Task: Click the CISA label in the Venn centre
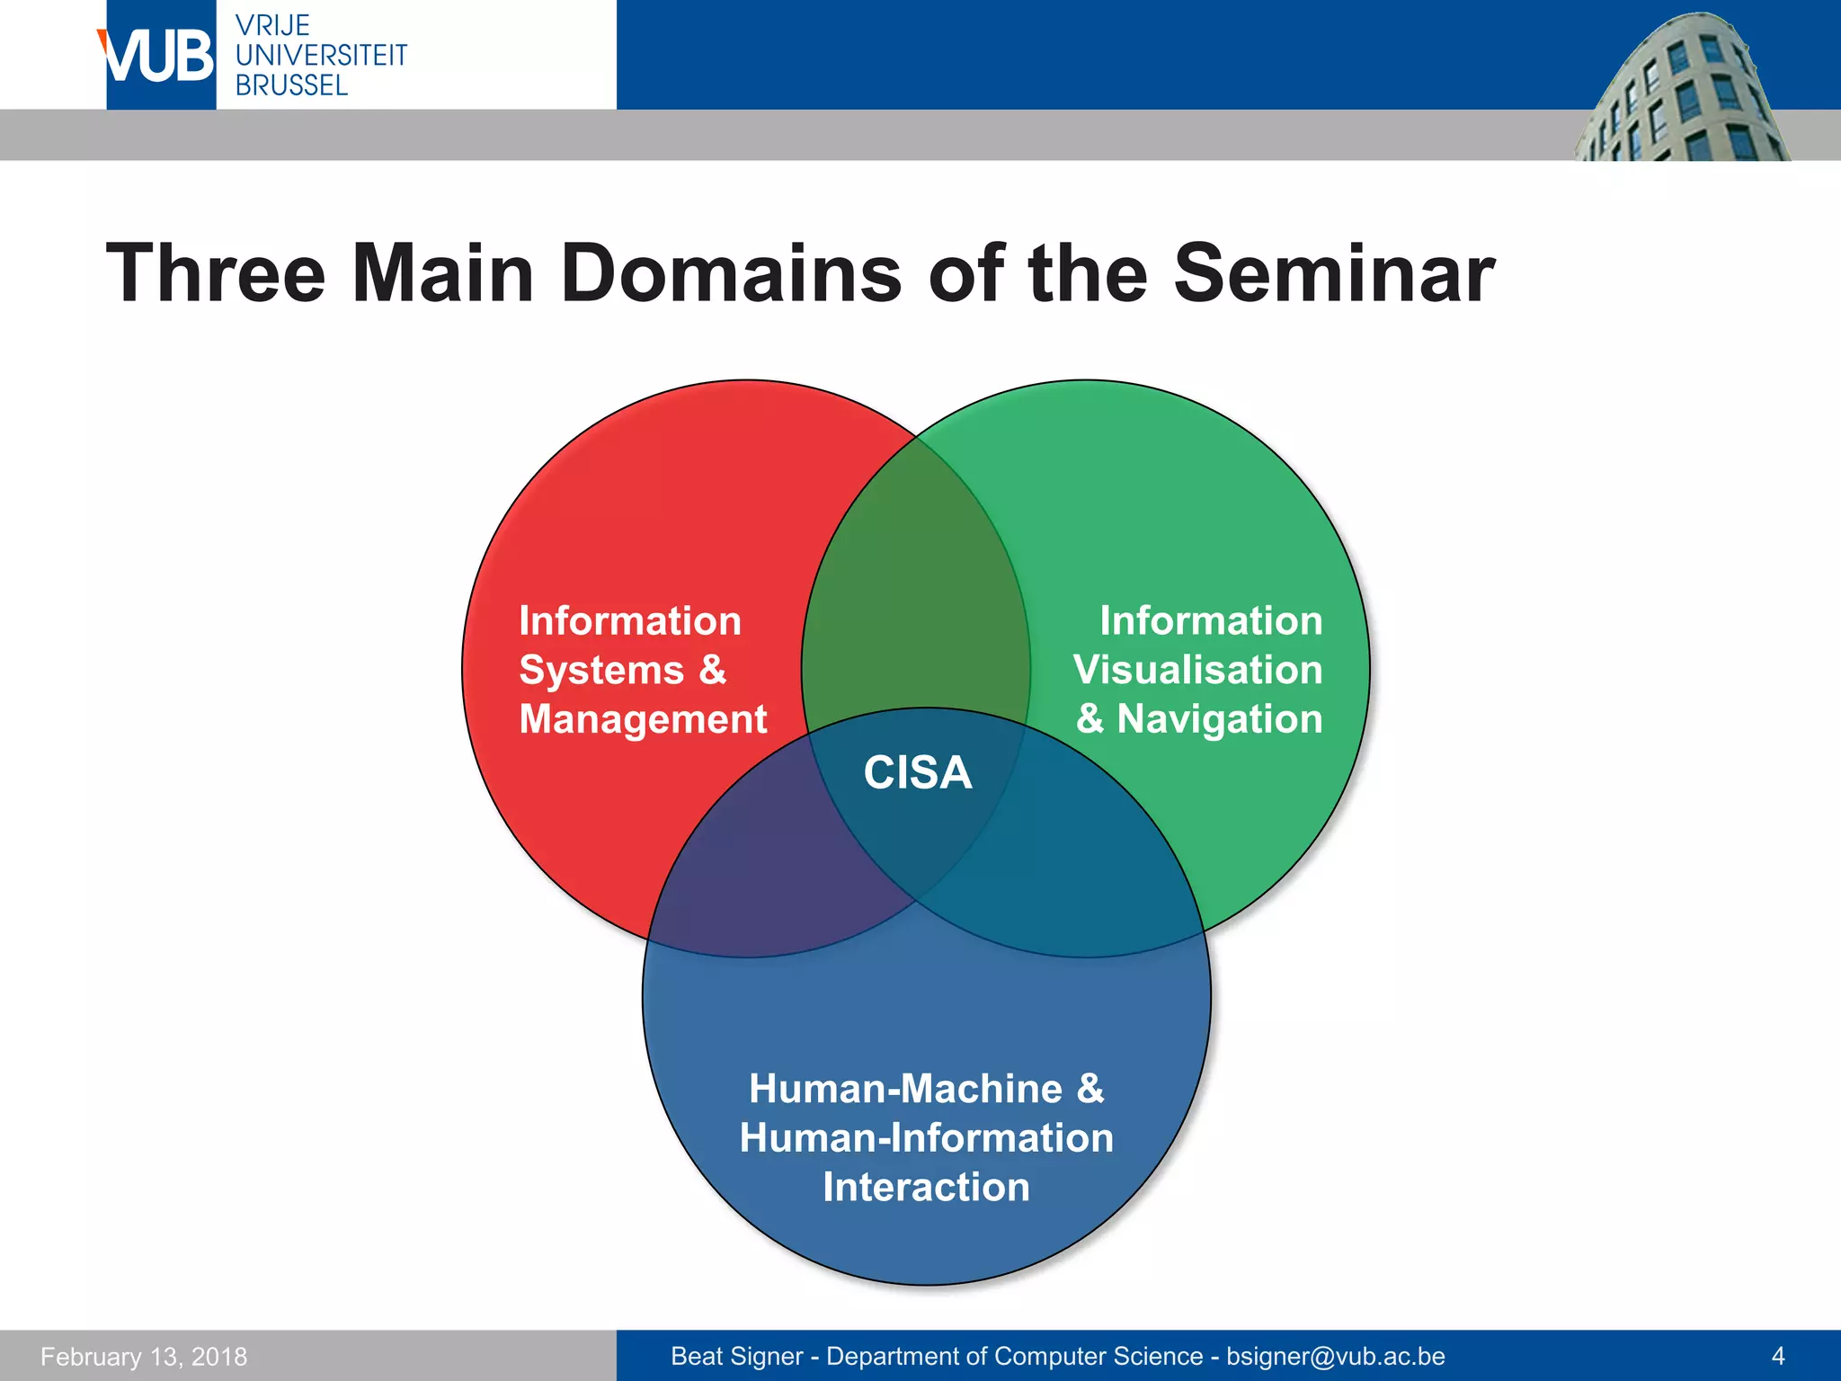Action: point(917,773)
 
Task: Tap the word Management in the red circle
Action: point(643,719)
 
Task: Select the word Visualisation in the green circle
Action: point(1197,670)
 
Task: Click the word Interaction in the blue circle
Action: point(926,1188)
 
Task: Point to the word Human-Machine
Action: point(905,1089)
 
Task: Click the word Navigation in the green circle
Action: point(1219,719)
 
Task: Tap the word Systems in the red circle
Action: point(601,671)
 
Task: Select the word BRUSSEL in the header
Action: point(291,85)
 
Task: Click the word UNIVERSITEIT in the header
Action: point(321,56)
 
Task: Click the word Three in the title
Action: point(216,273)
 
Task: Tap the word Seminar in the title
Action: point(1334,273)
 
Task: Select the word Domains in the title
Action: point(731,273)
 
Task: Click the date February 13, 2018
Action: point(144,1356)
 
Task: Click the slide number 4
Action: point(1777,1356)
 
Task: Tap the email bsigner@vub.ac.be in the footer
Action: point(1335,1356)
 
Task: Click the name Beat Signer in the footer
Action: point(737,1356)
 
